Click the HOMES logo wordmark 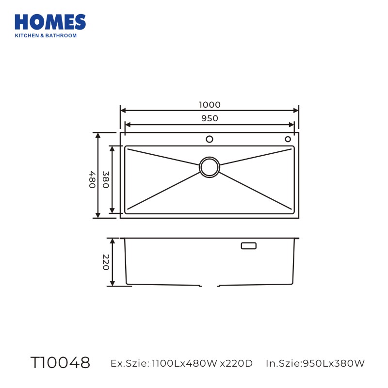coord(50,22)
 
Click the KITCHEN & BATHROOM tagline coord(46,35)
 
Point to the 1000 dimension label coord(210,105)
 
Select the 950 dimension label coord(210,118)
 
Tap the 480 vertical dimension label coord(92,179)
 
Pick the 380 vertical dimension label coord(106,179)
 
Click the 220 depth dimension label coord(106,262)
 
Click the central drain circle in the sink coord(210,167)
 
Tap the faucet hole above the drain coord(210,139)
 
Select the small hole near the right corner coord(288,139)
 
